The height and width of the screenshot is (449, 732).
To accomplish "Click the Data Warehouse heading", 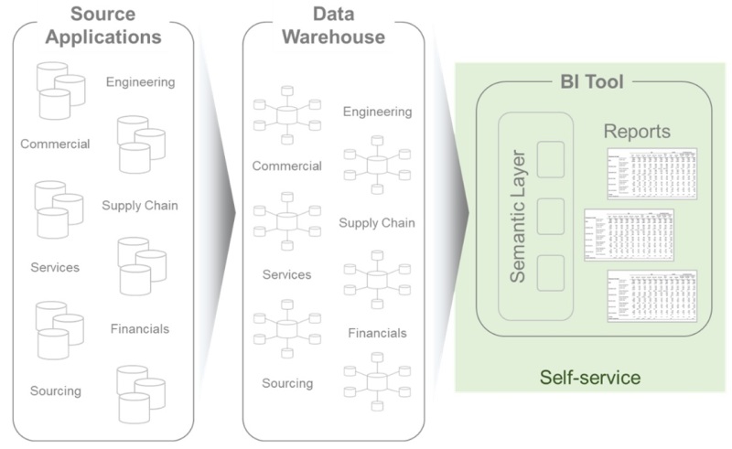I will pos(333,26).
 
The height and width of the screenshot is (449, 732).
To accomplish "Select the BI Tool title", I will pos(591,83).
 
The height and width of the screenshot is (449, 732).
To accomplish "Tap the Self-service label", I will pos(589,377).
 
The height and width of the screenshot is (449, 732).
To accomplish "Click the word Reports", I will pos(637,132).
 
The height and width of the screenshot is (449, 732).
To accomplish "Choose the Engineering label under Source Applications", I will pos(140,82).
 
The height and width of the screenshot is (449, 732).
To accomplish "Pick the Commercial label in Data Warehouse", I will pos(286,166).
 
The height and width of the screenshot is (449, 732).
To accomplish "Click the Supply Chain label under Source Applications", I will pos(140,205).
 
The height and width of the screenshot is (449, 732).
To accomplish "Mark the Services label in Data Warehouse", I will pos(286,274).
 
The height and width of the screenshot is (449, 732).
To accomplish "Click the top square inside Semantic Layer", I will pos(552,160).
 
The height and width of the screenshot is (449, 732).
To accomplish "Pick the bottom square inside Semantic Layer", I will pos(552,273).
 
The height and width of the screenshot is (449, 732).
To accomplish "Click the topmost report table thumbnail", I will pos(652,175).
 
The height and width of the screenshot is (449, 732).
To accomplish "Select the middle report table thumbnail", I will pos(629,236).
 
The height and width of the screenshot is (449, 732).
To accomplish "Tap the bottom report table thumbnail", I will pos(652,297).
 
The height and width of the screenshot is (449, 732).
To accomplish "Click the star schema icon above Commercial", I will pos(287,116).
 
